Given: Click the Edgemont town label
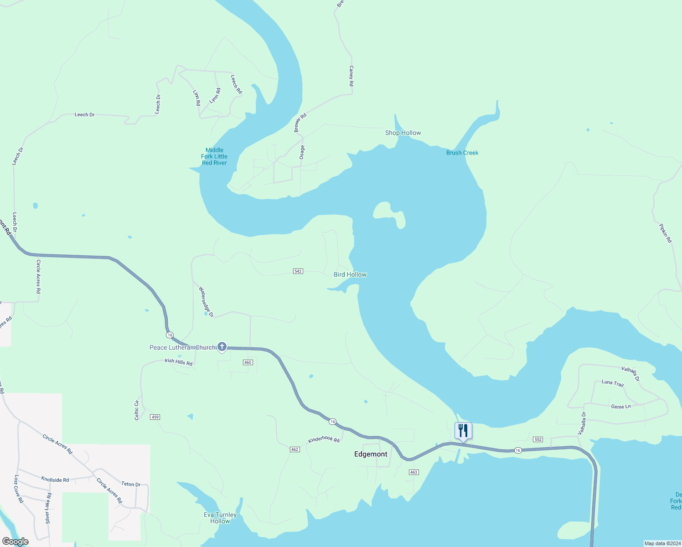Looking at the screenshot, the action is coord(371,454).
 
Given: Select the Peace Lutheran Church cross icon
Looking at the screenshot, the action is coord(222,347).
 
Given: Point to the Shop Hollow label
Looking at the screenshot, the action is coord(403,133).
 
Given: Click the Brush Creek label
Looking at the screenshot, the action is coord(462,153).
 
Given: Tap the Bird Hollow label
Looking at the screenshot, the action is coord(350,274).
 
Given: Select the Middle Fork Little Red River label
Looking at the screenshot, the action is coord(214,156).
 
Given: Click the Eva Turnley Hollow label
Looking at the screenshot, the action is coord(220,518).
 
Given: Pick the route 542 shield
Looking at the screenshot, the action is coord(298,271).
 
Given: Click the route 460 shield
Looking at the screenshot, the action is coord(248,362).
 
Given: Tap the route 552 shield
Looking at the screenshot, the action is coord(538,439).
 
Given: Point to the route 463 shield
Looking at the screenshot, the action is coord(413,472).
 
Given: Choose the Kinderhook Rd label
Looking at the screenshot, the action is coord(324,439).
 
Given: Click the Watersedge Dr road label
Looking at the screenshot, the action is coord(206,302).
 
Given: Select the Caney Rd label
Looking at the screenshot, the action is coord(351,76).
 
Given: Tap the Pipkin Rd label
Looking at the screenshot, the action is coord(666,233).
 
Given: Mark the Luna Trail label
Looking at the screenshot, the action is coord(612,383).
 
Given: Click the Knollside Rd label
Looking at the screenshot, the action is coord(55,480).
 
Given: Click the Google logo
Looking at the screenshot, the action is coord(15,542).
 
